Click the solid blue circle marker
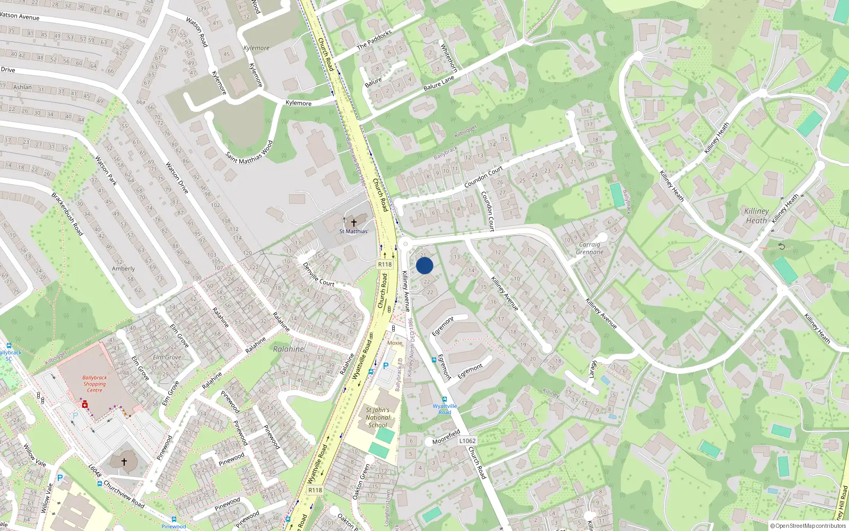click(424, 265)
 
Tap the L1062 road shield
click(467, 441)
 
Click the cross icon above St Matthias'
click(354, 223)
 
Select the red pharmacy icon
click(84, 405)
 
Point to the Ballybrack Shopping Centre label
click(94, 384)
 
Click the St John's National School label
click(378, 417)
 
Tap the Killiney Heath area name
click(756, 216)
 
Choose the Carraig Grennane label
click(590, 249)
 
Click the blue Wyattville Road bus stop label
click(445, 409)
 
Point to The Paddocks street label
click(375, 40)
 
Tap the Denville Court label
click(318, 275)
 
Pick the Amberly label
click(123, 269)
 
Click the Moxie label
click(395, 343)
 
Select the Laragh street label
click(593, 370)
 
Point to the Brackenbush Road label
click(67, 214)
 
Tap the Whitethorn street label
click(449, 57)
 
